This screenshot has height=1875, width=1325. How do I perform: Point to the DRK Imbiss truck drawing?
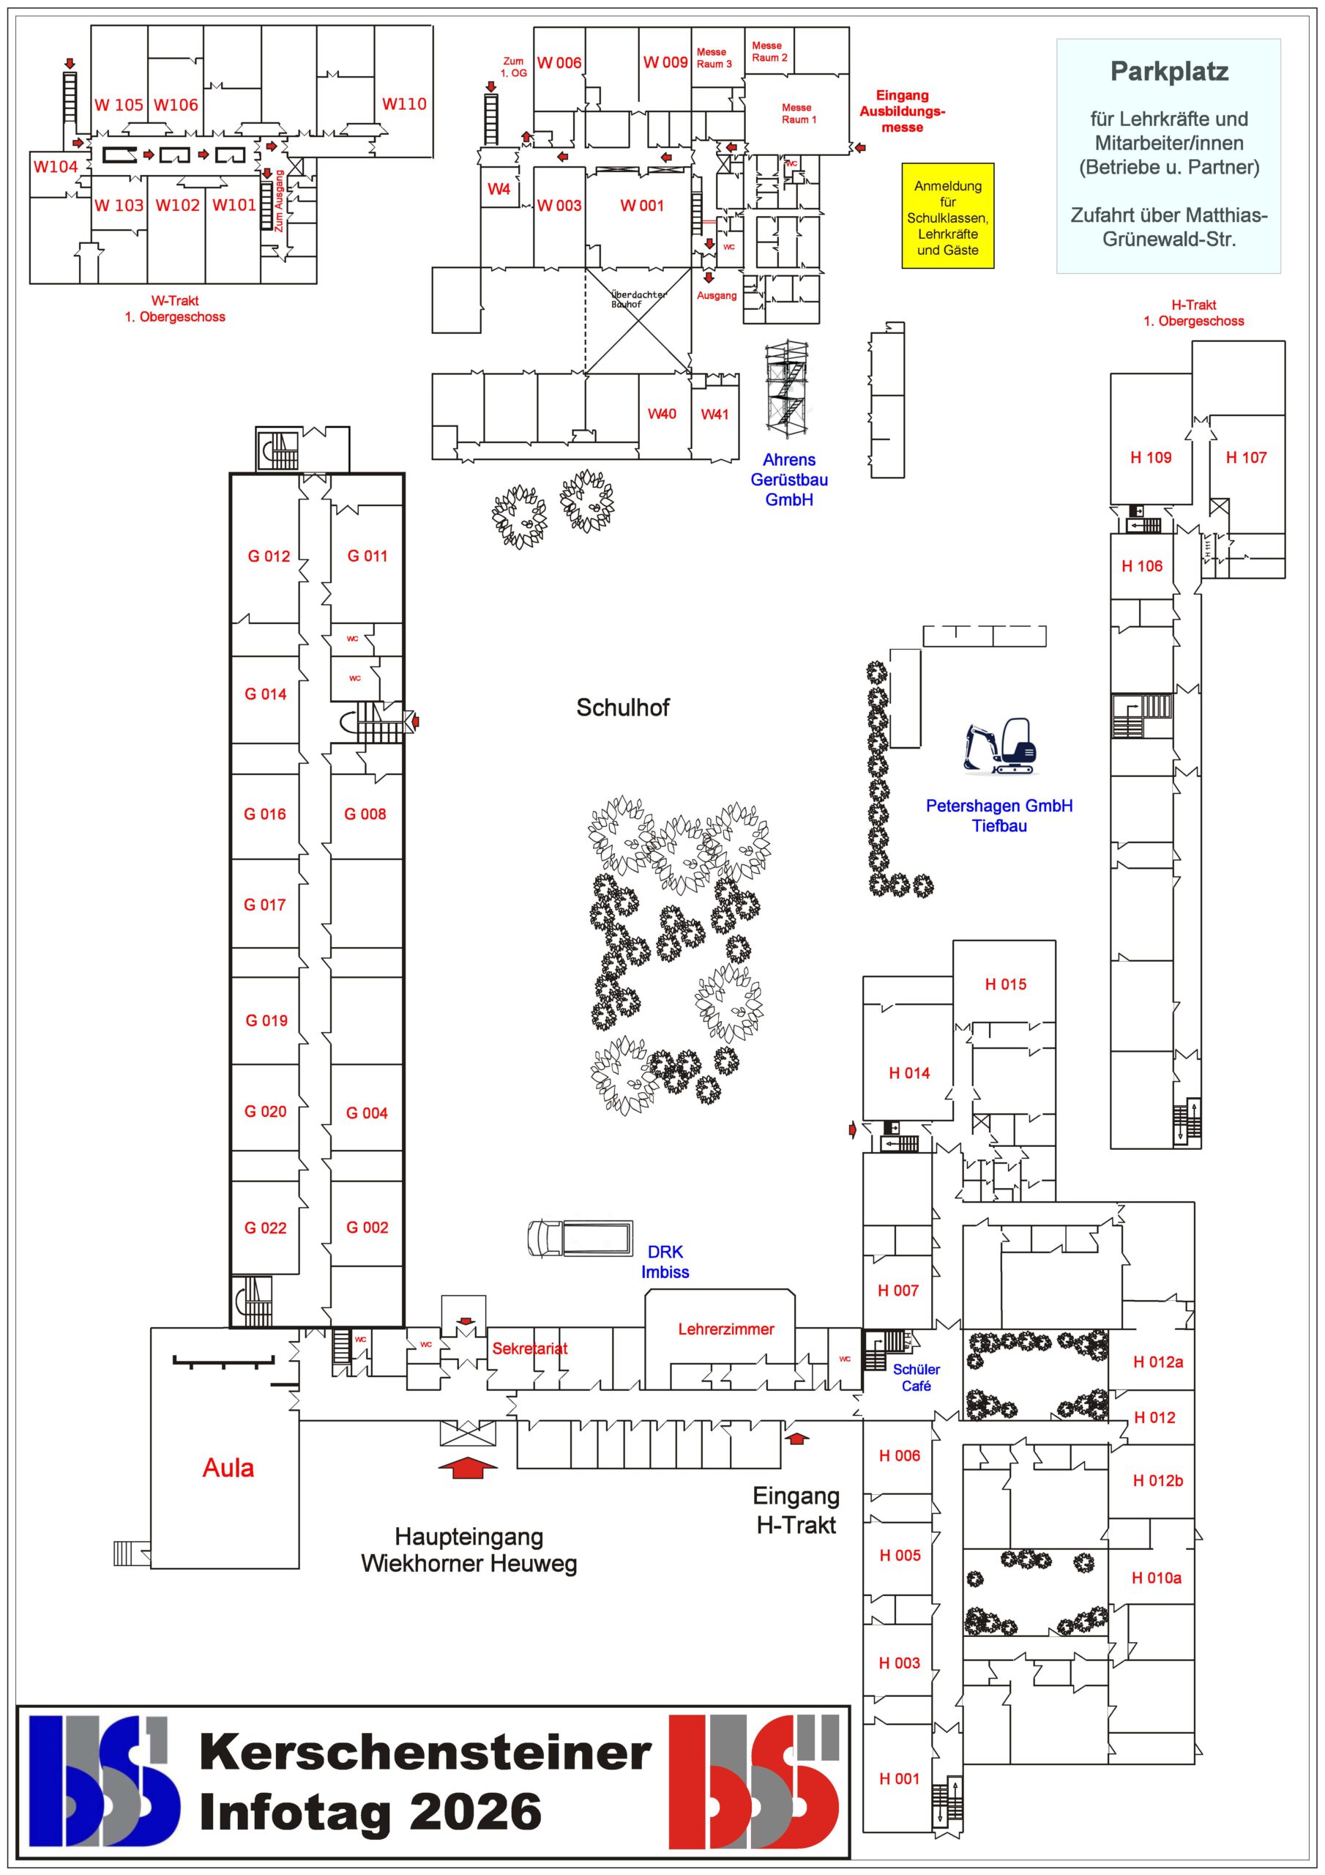(581, 1237)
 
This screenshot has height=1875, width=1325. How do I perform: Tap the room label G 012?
(269, 556)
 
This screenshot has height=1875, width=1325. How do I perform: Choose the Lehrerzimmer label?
(725, 1329)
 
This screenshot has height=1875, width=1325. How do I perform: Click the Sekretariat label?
(529, 1348)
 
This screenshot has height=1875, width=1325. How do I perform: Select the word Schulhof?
(622, 708)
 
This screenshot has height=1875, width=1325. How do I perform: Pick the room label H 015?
(1005, 984)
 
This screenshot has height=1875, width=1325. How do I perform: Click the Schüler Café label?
(916, 1378)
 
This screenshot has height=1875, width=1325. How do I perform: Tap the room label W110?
(404, 104)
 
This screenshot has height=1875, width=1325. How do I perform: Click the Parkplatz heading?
(1168, 72)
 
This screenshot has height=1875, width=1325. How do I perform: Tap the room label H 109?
(1150, 458)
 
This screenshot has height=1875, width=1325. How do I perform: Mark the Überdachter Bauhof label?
(638, 299)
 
